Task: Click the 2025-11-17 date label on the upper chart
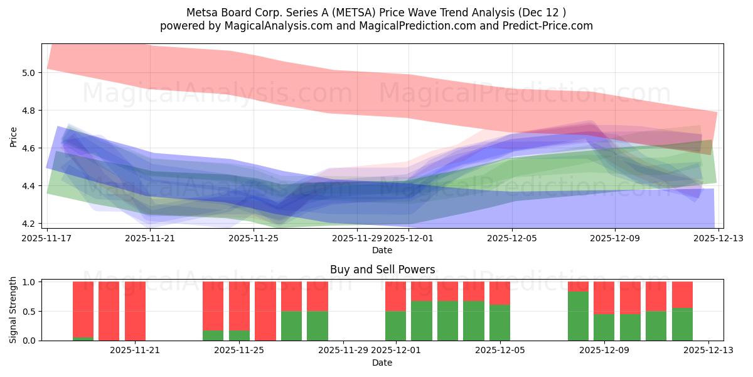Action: point(47,238)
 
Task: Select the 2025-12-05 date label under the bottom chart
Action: point(500,351)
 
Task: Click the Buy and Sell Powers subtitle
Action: point(382,270)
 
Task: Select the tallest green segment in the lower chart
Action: point(578,316)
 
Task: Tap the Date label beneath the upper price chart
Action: point(382,250)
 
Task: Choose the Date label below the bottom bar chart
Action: point(382,363)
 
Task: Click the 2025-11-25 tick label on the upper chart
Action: point(254,238)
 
